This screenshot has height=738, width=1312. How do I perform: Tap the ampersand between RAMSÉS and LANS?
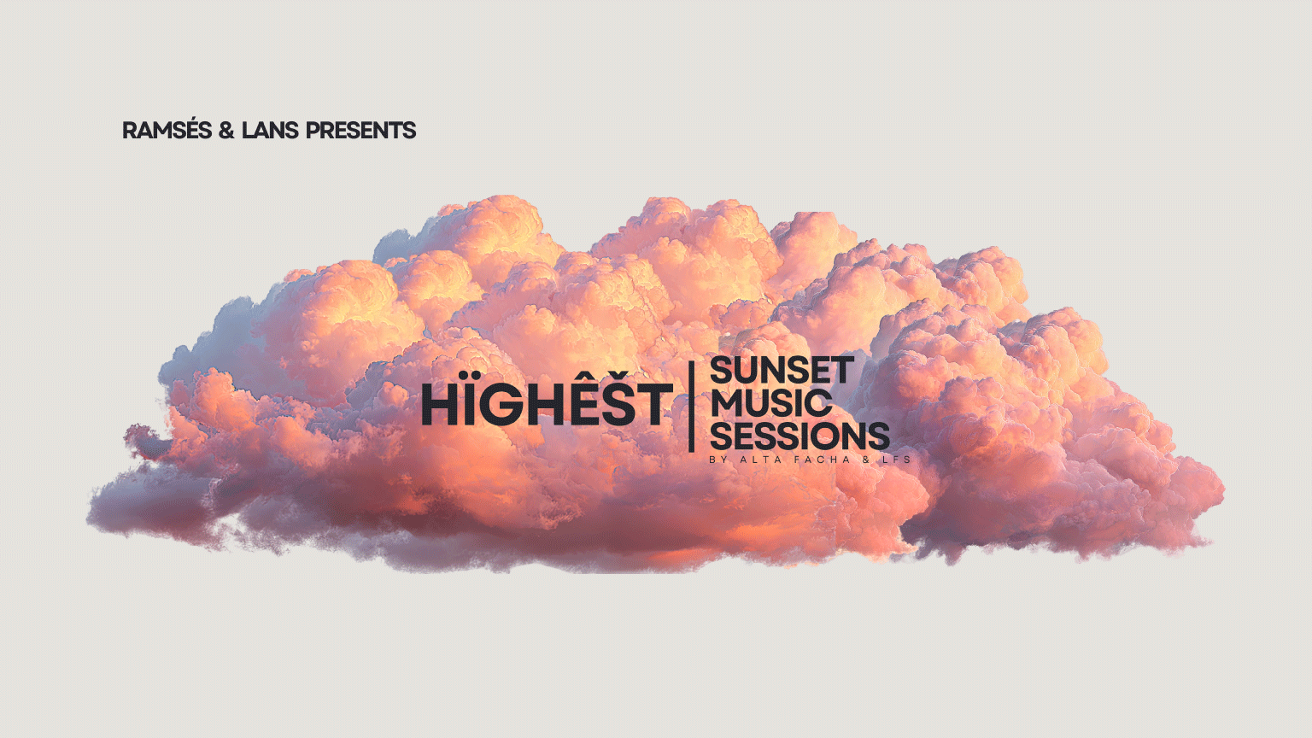coord(226,130)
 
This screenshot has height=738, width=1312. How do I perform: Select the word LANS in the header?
coord(270,130)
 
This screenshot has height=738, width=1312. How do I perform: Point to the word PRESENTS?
coord(360,130)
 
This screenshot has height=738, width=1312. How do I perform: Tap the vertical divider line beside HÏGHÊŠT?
coord(692,407)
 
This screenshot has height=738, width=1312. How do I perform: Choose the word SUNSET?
coord(782,370)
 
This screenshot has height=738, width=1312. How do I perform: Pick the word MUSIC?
coord(770,403)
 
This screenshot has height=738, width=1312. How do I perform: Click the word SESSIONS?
coord(799,436)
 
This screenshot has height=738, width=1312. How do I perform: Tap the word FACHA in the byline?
coord(823,460)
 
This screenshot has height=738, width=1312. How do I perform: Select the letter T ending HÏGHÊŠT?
coord(653,404)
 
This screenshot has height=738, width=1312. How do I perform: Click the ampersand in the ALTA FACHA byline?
coord(866,460)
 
